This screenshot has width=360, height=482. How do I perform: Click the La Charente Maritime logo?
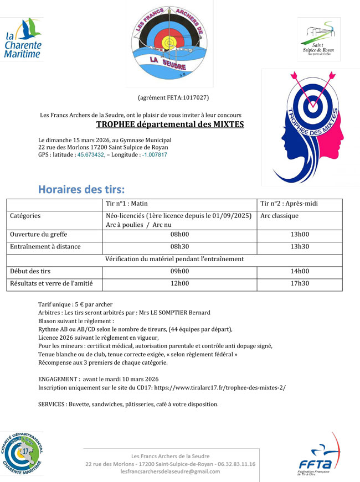point(23,38)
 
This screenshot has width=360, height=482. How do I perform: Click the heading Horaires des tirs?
point(81,190)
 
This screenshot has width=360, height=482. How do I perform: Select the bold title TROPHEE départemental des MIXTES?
point(170,125)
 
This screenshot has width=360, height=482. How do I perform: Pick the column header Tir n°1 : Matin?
point(127,204)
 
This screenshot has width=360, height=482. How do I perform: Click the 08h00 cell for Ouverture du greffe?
point(179,235)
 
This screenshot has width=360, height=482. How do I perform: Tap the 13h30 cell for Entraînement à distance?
point(300,247)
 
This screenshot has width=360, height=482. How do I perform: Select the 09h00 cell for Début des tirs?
point(179,271)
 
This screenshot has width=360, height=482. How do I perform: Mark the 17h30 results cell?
point(300,283)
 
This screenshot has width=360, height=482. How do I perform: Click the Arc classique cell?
point(280,216)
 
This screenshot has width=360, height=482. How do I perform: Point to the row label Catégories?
point(25,216)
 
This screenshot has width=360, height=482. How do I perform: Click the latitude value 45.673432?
point(93,155)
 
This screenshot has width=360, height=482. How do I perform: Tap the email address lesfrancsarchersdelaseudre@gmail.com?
point(170,471)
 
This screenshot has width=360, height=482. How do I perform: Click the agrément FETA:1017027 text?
point(173,98)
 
